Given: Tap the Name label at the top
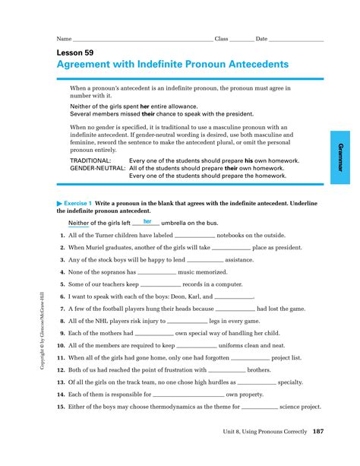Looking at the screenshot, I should pos(64,38).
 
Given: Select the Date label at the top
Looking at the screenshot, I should pos(261,38).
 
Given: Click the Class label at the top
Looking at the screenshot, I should pos(221,38).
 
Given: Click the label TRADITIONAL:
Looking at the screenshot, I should pos(90,161).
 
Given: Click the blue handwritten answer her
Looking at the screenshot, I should pos(147,221).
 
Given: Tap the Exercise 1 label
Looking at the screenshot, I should pos(77,204).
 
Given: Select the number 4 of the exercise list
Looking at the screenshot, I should pos(61,271).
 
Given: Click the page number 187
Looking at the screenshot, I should pos(317,432).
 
